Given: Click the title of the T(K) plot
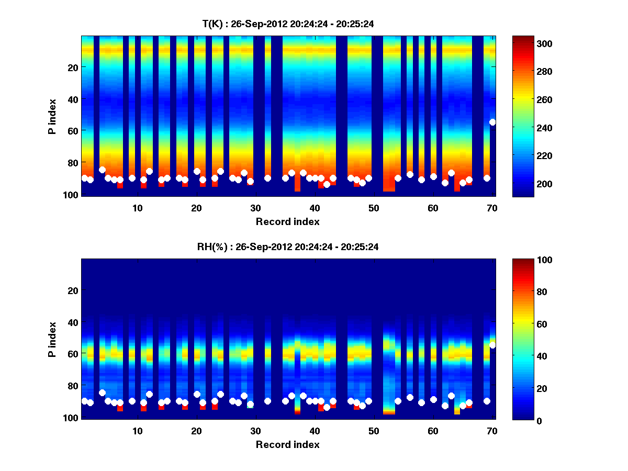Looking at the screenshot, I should click(x=288, y=24).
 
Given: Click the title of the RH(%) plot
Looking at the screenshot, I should click(x=288, y=246).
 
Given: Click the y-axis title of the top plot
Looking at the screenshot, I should click(x=52, y=116).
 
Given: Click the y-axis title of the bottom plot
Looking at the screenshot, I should click(x=52, y=339).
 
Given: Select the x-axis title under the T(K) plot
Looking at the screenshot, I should click(x=288, y=221).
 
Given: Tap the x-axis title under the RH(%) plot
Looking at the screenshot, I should click(x=288, y=444).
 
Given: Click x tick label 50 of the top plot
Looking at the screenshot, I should click(x=374, y=208).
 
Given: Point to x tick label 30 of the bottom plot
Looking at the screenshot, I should click(x=255, y=431).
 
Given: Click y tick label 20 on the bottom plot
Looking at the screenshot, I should click(x=72, y=290).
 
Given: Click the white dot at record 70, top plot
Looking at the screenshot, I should click(x=492, y=122).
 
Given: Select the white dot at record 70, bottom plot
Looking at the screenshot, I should click(x=492, y=345).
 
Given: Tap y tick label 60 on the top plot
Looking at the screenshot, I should click(x=72, y=130).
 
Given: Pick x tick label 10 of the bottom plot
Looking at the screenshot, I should click(x=137, y=431).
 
